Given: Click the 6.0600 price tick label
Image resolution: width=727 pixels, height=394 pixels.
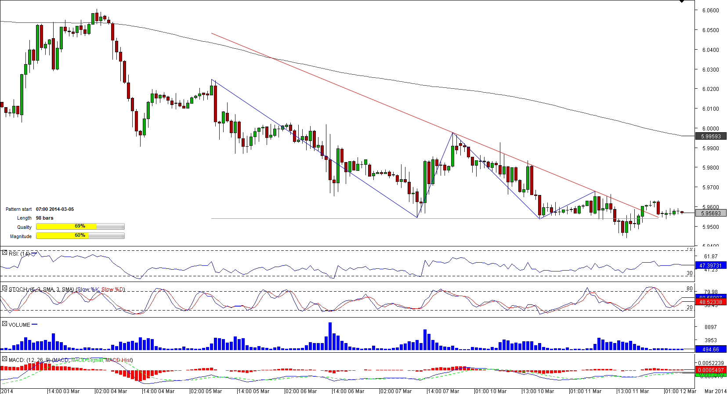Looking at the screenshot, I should [710, 11].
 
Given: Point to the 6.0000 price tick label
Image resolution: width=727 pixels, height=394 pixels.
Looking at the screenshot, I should [710, 129].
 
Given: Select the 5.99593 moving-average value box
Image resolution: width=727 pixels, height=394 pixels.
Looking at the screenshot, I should [711, 137].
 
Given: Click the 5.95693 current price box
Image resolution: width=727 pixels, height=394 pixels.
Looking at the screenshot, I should [711, 213].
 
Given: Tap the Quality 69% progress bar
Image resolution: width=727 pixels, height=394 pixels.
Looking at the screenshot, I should [80, 227].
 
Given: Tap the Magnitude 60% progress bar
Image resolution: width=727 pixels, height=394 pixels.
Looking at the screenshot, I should [80, 236].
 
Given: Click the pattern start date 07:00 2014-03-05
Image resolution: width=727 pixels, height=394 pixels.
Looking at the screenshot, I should [55, 210].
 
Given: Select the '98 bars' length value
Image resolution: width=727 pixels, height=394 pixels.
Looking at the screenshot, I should [45, 218].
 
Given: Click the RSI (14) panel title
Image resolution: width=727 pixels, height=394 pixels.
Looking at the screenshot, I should [19, 254].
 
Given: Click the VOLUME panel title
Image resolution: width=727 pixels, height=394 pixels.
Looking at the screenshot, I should [19, 325].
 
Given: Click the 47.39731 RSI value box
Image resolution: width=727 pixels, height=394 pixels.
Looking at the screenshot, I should [710, 266].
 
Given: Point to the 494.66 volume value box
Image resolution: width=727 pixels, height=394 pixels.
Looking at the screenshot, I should [710, 350].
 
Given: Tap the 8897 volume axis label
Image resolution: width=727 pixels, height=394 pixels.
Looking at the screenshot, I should [710, 327].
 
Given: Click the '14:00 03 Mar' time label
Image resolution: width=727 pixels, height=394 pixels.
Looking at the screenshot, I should [64, 391].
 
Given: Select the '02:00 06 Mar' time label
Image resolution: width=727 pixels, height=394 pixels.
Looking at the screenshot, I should [301, 391].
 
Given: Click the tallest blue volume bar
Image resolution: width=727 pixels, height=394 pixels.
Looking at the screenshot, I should [330, 336].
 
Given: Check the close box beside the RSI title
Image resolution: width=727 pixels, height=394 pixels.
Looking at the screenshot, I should [4, 253].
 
